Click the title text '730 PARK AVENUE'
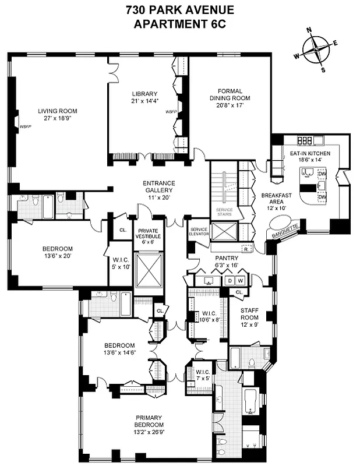coord(179,10)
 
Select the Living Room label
coord(58,111)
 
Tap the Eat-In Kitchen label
coord(310,153)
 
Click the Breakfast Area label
coord(273,195)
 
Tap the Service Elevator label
coord(199,234)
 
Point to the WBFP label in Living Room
coord(25,125)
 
